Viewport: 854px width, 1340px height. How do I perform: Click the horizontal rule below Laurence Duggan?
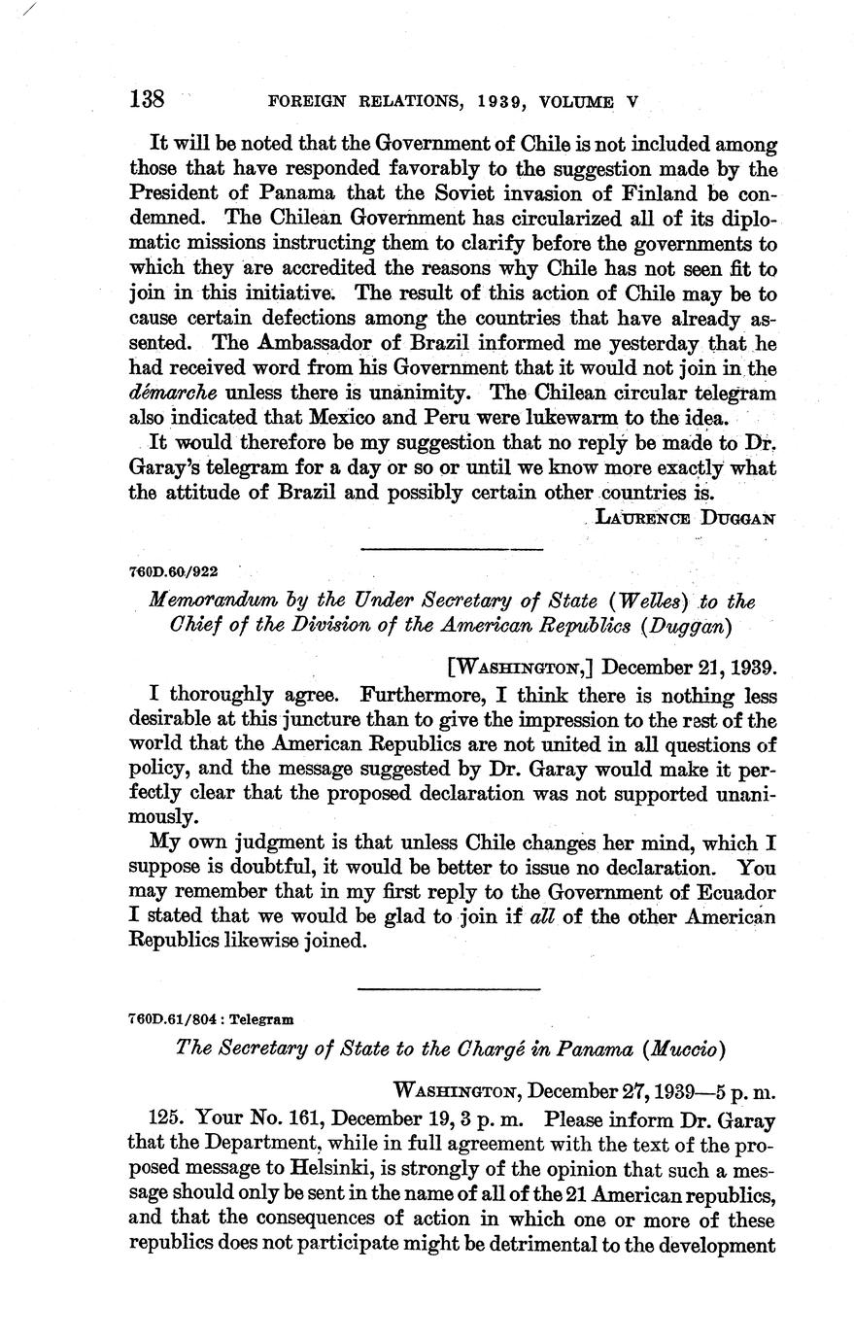(x=450, y=550)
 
